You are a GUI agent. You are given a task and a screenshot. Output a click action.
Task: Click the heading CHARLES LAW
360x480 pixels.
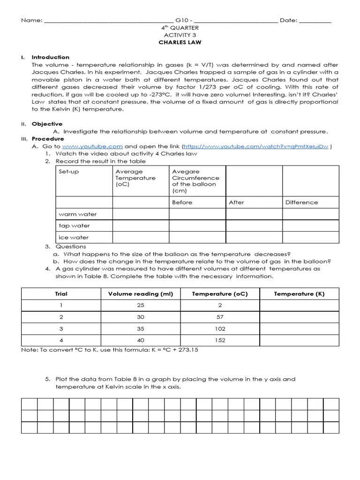180,43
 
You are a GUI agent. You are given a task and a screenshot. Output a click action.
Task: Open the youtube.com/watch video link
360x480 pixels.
255,146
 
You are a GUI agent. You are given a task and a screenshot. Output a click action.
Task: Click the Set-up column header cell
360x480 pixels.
69,172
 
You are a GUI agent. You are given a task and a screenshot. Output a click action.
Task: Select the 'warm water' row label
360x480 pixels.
78,214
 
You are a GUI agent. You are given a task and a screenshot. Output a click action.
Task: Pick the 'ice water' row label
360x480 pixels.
74,237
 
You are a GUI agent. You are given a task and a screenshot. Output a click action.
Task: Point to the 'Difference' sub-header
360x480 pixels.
301,202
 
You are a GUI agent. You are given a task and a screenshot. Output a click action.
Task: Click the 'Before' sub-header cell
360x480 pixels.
182,202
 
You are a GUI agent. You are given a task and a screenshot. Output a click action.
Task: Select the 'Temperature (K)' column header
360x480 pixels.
299,294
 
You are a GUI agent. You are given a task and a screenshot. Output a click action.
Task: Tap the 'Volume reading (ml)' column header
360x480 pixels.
141,294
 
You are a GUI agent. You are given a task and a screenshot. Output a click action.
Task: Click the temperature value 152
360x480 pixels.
220,340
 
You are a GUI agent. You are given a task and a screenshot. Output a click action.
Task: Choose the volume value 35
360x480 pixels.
141,329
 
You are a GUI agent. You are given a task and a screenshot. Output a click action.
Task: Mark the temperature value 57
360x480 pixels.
220,317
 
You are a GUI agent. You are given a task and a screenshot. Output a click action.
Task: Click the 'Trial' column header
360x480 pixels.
61,294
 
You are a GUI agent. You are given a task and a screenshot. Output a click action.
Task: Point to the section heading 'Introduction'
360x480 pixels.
50,57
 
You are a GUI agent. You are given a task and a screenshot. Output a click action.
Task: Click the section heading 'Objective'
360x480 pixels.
47,124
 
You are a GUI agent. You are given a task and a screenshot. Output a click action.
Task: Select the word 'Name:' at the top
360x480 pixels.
32,21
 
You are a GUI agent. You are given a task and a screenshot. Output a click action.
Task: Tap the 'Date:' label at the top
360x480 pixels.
288,21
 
